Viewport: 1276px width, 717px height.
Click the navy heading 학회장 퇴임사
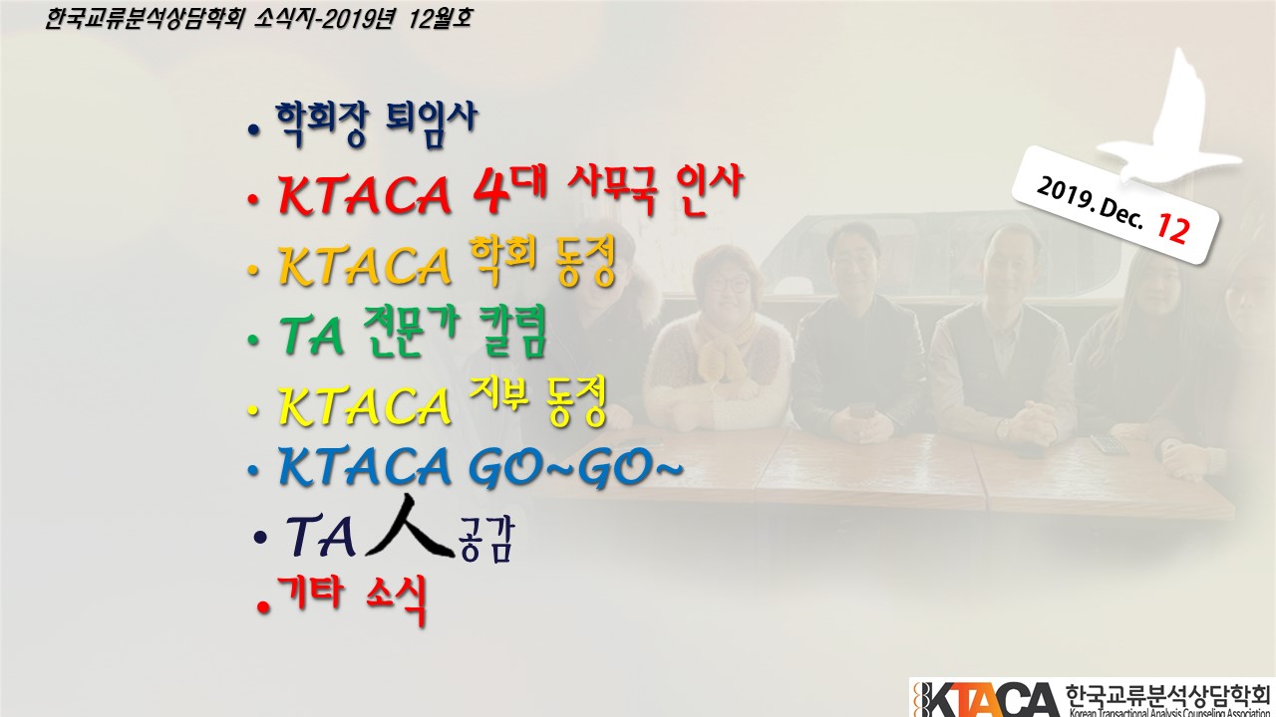pos(376,124)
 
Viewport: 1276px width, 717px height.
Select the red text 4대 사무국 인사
pos(607,190)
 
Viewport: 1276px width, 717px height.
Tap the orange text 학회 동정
pos(543,262)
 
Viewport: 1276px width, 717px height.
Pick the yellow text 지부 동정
pos(538,400)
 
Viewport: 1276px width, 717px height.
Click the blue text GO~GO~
pos(575,467)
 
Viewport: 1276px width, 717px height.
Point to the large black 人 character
pos(410,527)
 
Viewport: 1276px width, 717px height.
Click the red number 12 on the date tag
pos(1173,228)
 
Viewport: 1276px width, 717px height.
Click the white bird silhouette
pos(1167,119)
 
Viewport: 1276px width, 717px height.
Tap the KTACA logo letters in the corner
pos(991,699)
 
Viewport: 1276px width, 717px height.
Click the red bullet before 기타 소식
pos(263,606)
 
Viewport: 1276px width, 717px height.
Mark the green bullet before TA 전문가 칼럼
pos(253,340)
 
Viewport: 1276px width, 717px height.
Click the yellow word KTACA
pos(365,405)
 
